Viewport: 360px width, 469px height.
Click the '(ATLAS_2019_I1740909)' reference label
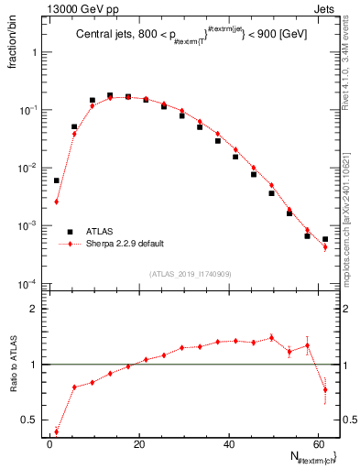coord(190,274)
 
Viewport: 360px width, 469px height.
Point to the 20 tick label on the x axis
coord(138,443)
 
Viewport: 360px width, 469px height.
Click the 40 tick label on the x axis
coord(228,443)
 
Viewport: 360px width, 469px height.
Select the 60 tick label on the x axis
coord(318,443)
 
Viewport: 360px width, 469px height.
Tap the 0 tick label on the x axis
coord(49,443)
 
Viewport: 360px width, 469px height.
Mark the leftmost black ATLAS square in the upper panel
coord(56,180)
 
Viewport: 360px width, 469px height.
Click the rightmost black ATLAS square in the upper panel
coord(325,239)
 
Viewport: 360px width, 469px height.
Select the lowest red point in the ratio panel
coord(56,431)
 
